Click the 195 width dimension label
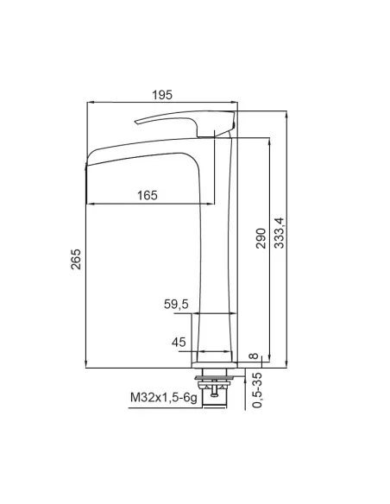162,95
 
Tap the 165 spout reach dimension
148,195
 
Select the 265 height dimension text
76,259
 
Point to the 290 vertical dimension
261,238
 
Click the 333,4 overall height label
280,233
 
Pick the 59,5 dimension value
176,304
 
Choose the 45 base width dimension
179,342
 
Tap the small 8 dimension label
254,356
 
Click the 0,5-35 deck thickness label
256,390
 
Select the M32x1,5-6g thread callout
163,398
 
